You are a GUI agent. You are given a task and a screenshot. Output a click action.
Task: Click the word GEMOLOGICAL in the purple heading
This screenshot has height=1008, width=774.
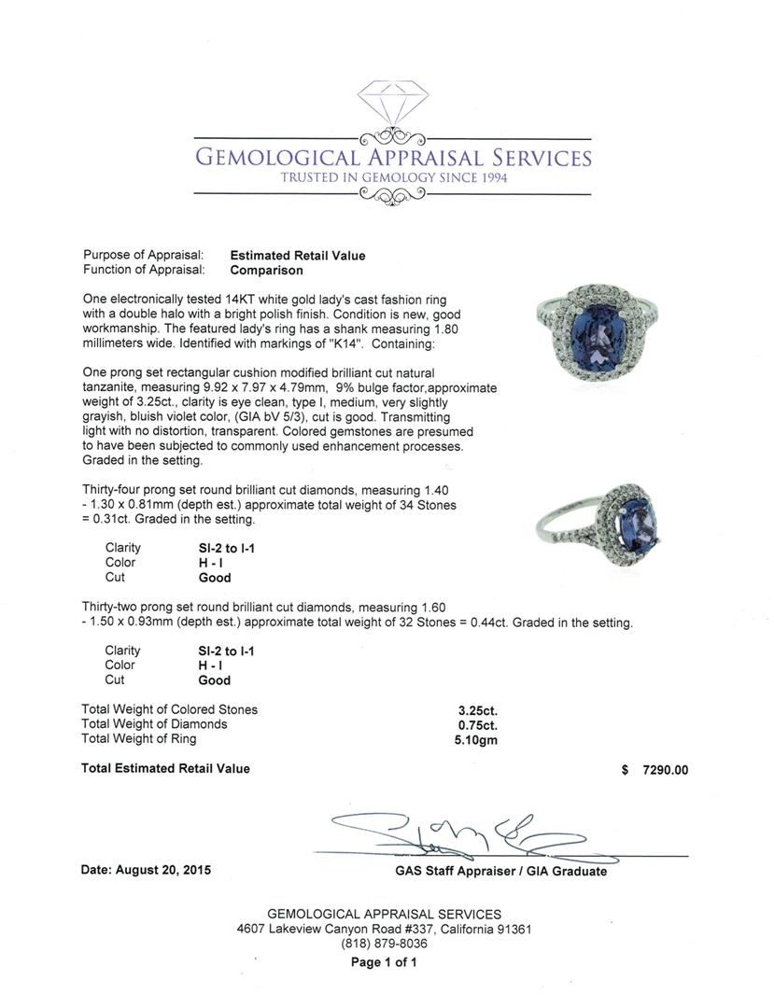point(279,157)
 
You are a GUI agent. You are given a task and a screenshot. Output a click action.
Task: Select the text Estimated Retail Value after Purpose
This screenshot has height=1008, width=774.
point(298,256)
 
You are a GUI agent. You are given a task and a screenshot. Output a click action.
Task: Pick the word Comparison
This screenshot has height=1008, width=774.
point(267,271)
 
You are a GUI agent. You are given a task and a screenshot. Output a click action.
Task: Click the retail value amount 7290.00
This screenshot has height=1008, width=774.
point(665,770)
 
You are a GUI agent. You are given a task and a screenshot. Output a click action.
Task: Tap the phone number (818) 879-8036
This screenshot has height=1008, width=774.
point(384,944)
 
